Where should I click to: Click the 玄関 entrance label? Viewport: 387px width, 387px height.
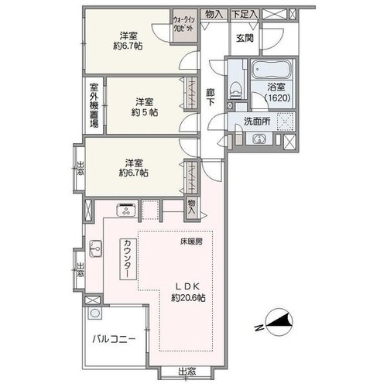pos(245,39)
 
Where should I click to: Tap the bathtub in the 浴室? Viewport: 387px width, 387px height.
pos(272,69)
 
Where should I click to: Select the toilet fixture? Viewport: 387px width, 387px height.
pos(235,90)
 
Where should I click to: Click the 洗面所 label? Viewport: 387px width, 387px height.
pos(257,122)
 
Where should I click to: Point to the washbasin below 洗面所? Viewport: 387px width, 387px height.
pos(259,139)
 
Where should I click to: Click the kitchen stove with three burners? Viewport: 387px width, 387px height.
pos(126,210)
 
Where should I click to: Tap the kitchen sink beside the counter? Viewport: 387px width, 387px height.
pos(95,248)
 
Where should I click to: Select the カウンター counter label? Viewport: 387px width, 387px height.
pos(128,259)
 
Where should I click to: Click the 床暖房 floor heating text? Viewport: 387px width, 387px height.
pos(191,241)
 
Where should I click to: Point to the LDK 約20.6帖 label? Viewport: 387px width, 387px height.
pos(188,293)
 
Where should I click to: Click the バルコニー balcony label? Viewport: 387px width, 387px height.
pos(114,339)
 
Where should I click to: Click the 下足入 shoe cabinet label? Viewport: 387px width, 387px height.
pos(245,14)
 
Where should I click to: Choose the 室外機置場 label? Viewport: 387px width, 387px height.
pos(94,105)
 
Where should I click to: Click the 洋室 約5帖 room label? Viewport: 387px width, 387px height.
pos(145,108)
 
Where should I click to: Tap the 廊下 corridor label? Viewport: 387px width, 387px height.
pos(211,97)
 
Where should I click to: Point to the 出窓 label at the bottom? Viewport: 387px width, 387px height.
pos(187,372)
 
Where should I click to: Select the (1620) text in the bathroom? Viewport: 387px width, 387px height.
pos(278,98)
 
